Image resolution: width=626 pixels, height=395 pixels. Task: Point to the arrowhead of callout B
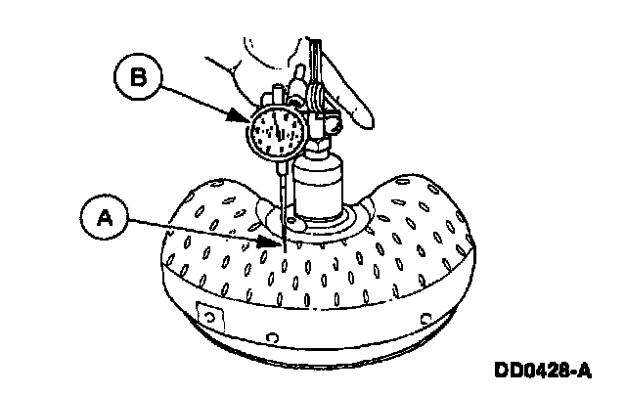click(x=246, y=118)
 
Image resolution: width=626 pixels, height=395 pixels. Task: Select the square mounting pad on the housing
click(x=207, y=317)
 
